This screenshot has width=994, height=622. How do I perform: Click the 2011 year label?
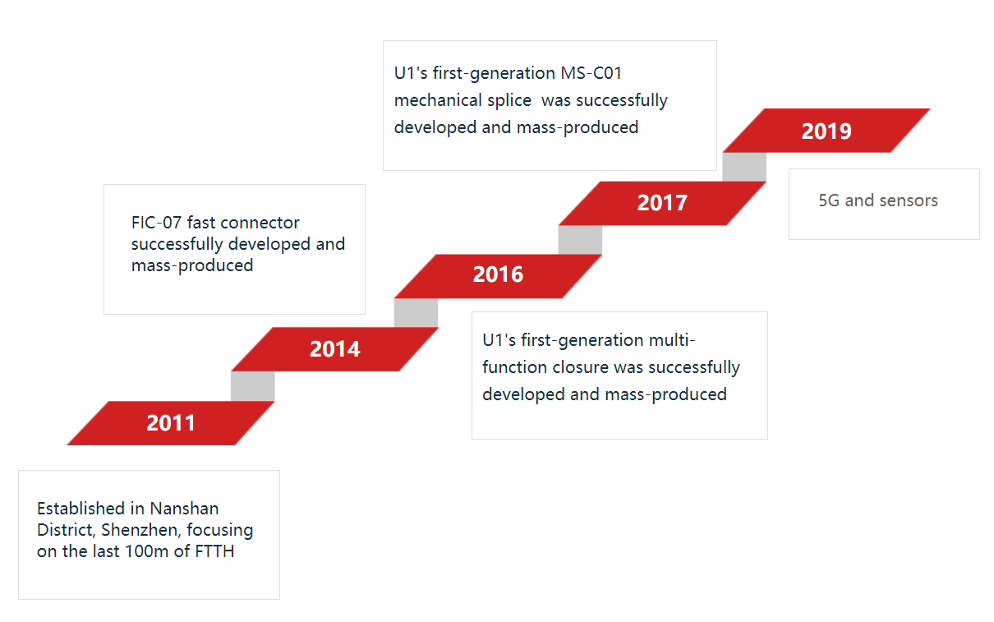(171, 422)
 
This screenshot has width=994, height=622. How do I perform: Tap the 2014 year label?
(335, 349)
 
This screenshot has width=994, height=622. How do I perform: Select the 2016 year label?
(498, 274)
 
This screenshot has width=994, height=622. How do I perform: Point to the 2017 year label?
(662, 203)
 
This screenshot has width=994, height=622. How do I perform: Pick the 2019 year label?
(826, 131)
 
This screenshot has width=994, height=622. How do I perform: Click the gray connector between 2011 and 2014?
(252, 386)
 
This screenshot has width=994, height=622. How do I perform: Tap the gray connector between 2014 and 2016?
(416, 312)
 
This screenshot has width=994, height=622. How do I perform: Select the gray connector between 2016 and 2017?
(580, 240)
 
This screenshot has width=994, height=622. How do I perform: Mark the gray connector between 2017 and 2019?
(744, 167)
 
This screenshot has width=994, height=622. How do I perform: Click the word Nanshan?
(184, 509)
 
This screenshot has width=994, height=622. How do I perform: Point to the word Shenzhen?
(140, 530)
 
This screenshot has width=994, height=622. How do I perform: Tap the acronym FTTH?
(214, 551)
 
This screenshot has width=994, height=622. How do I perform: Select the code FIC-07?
(156, 223)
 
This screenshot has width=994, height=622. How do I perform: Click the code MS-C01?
(591, 73)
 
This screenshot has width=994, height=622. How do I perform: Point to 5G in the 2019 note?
(829, 200)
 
